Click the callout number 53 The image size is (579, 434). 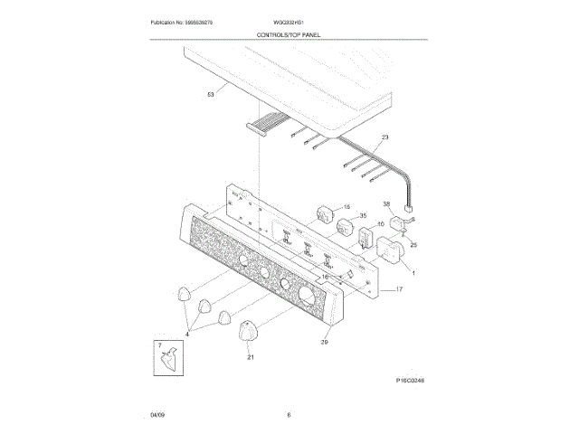coord(211,93)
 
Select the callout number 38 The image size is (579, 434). coord(385,205)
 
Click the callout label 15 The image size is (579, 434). coord(345,207)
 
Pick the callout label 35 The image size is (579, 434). coord(363,216)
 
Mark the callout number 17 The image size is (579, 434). coord(398,289)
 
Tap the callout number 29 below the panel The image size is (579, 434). coord(324,342)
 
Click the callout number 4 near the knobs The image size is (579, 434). coord(187,335)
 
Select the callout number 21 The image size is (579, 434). coord(251,357)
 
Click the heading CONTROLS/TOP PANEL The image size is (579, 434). coord(289,33)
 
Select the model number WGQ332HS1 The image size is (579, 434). coord(289,21)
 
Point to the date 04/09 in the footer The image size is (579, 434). coord(157,415)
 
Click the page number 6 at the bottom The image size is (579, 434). coord(289,415)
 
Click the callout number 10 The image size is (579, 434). coord(380,223)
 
